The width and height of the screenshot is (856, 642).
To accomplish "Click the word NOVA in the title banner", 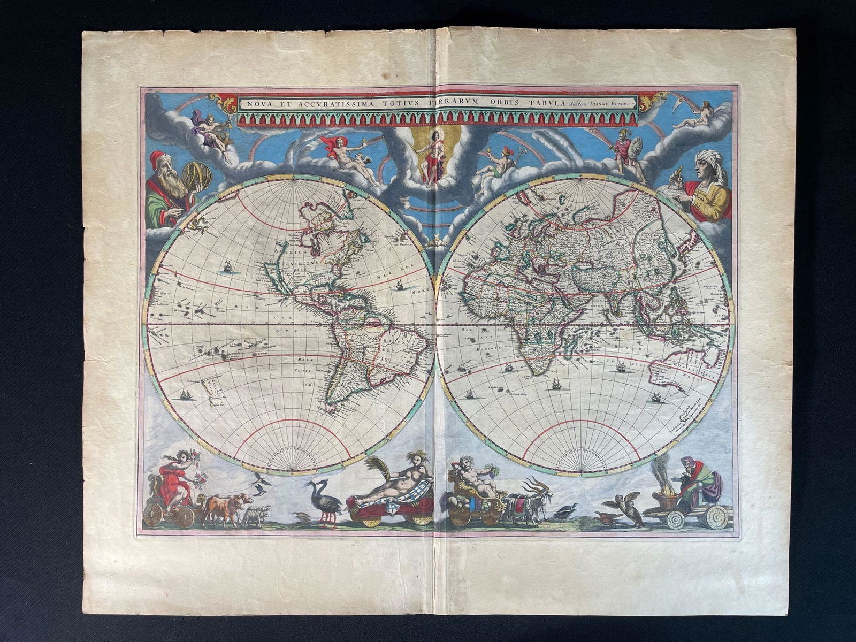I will (x=253, y=104).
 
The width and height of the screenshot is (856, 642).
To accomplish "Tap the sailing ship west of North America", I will (x=227, y=266).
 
